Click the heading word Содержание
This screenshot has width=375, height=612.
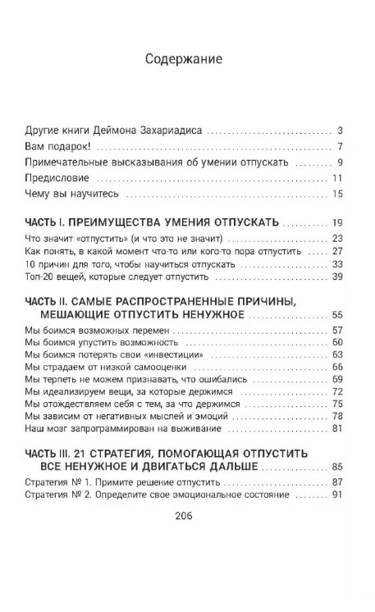[x=187, y=59]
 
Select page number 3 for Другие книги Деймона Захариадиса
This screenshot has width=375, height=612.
[x=340, y=130]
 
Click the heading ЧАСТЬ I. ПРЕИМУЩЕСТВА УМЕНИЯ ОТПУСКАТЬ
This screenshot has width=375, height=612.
[x=153, y=222]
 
